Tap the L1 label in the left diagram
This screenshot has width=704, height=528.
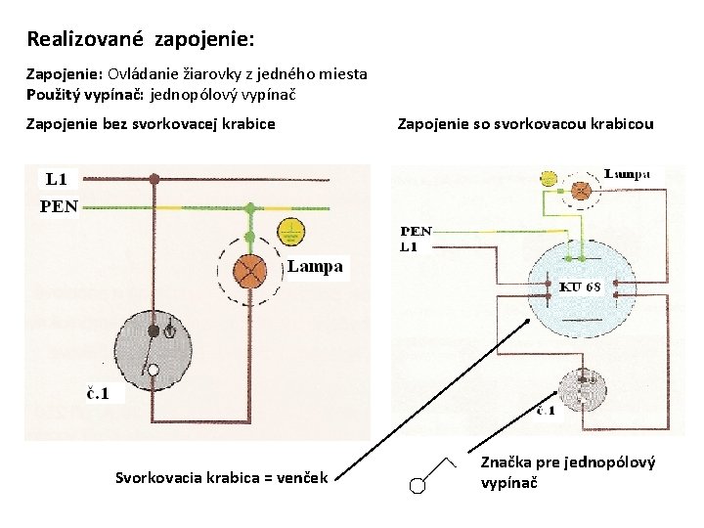tap(57, 179)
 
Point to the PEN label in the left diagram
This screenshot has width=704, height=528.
tap(59, 206)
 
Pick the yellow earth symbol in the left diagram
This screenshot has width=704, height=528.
tap(289, 232)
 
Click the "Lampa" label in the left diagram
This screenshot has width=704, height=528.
tap(316, 266)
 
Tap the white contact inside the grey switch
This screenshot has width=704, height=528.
tap(153, 370)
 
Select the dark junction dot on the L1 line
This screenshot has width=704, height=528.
tap(154, 179)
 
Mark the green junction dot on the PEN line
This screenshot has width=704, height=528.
tap(250, 207)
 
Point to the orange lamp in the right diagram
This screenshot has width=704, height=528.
tap(581, 192)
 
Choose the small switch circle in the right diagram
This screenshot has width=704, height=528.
tap(584, 388)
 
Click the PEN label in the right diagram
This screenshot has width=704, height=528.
tap(416, 232)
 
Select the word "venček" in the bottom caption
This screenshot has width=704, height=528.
tap(305, 477)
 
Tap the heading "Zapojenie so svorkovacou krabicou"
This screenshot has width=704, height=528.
tap(524, 124)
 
